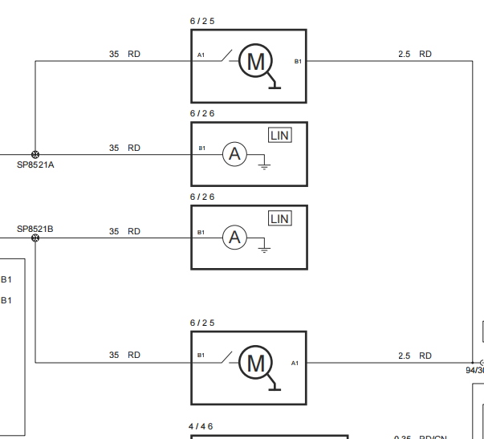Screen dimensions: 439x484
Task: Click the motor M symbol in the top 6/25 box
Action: [x=256, y=61]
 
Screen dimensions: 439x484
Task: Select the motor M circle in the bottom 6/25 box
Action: [x=256, y=363]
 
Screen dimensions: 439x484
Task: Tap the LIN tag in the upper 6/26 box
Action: [x=279, y=136]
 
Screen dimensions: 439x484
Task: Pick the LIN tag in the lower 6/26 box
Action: [x=279, y=219]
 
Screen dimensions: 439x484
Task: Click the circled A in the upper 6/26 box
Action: [x=234, y=154]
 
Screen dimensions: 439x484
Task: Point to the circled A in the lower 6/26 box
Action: [x=234, y=238]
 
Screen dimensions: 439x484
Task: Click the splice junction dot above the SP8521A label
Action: [x=35, y=154]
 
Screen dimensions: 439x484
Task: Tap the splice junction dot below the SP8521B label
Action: [x=35, y=238]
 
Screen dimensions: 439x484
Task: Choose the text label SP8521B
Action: [x=35, y=229]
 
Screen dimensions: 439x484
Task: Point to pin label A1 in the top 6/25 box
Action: [x=201, y=56]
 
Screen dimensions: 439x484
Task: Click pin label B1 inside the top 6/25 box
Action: [x=298, y=61]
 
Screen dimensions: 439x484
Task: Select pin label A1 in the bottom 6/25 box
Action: [x=295, y=363]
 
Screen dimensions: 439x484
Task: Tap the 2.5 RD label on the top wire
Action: [x=414, y=55]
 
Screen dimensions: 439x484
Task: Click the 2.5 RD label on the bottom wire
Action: [x=414, y=356]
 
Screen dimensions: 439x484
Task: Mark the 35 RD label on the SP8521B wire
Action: [x=124, y=231]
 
